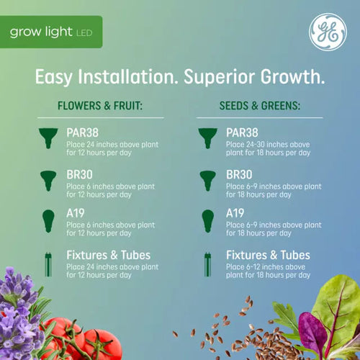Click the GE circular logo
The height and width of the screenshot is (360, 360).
(x=328, y=32)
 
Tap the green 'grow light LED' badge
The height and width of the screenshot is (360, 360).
(x=51, y=32)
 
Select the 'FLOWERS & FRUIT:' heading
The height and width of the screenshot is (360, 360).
(x=100, y=107)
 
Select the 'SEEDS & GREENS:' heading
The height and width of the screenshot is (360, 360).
(x=259, y=107)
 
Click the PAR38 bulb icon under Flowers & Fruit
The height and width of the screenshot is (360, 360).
(x=48, y=138)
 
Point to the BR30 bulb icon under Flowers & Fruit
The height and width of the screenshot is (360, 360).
(x=48, y=179)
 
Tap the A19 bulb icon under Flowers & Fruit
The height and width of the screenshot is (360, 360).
(x=48, y=220)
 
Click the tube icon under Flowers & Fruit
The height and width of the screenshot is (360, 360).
(x=48, y=263)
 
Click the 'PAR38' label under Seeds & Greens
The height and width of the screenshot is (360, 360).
(x=243, y=132)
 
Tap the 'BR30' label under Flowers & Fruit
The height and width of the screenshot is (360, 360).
(x=79, y=174)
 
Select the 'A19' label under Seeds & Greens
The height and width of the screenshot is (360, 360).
(x=236, y=215)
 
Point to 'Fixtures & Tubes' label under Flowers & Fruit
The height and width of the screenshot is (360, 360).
(x=108, y=256)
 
